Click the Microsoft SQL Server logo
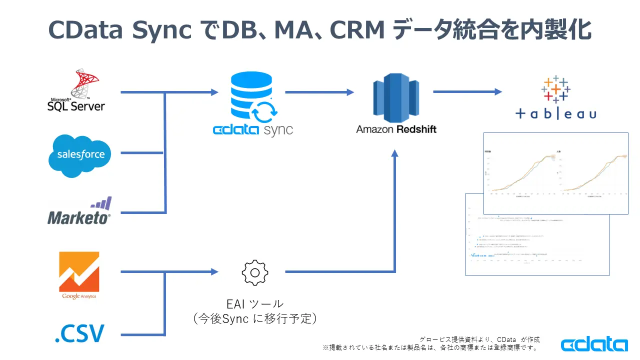click(x=76, y=90)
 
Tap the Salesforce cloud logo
click(x=80, y=154)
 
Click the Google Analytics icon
click(x=79, y=275)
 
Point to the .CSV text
click(x=79, y=333)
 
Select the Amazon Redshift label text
click(x=396, y=129)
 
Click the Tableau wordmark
click(x=556, y=114)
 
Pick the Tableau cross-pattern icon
click(x=555, y=89)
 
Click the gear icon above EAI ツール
click(x=255, y=272)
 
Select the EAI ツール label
click(x=255, y=303)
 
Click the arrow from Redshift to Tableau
click(x=467, y=91)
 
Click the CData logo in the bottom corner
click(x=594, y=344)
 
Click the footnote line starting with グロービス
click(x=479, y=339)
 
